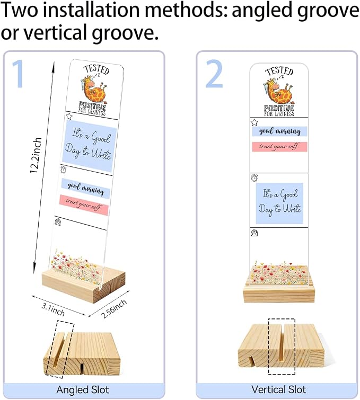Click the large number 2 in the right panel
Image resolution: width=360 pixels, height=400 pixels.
click(214, 74)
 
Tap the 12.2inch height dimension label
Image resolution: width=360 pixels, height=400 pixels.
click(36, 155)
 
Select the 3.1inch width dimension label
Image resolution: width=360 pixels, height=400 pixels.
click(53, 309)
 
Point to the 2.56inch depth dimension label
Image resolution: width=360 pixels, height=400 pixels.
click(114, 309)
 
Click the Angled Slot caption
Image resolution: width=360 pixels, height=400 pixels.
click(83, 389)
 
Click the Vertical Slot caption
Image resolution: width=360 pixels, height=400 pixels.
click(278, 389)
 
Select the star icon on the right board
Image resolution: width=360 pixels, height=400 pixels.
click(254, 122)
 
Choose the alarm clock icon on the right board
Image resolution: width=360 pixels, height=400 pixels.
click(254, 178)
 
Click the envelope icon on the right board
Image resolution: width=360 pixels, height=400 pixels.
click(254, 233)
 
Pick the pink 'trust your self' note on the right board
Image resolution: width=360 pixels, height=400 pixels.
click(279, 147)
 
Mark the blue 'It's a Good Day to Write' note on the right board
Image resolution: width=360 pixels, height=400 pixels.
click(279, 203)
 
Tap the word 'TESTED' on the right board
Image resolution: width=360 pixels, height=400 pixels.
click(279, 71)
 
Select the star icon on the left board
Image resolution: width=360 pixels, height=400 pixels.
click(69, 117)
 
